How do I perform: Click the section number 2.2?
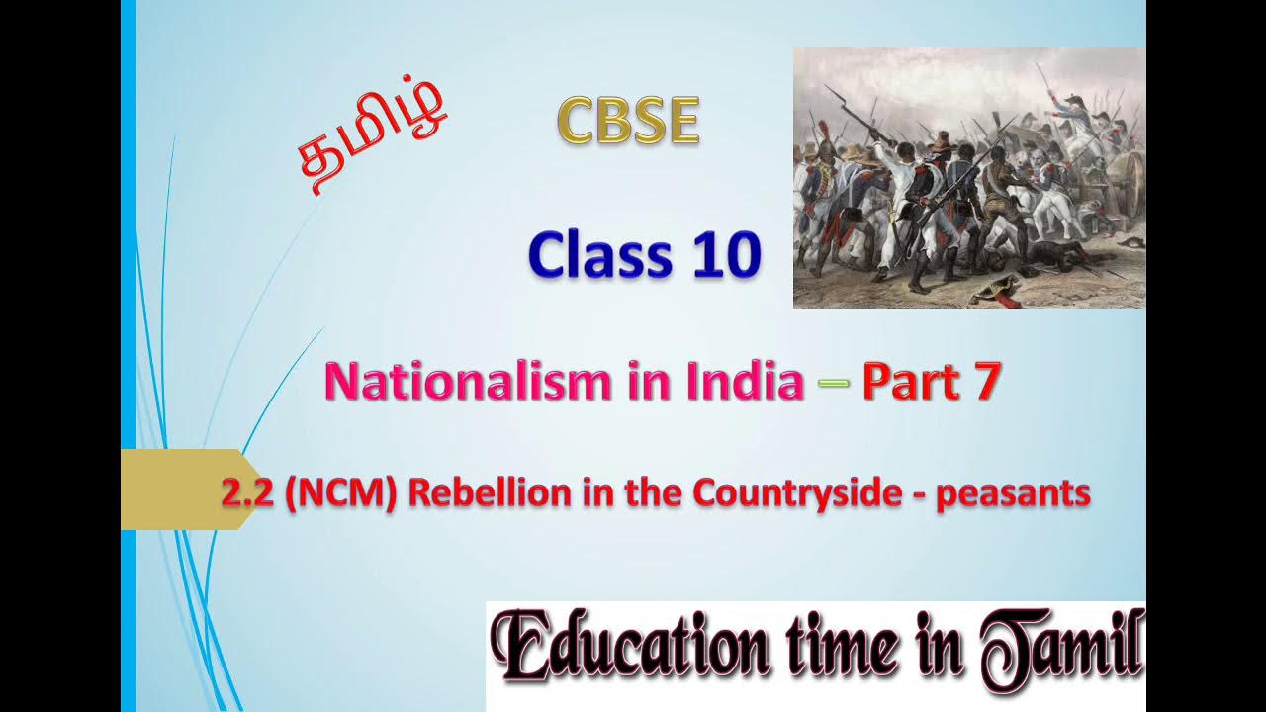246,493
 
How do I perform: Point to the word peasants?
1013,493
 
